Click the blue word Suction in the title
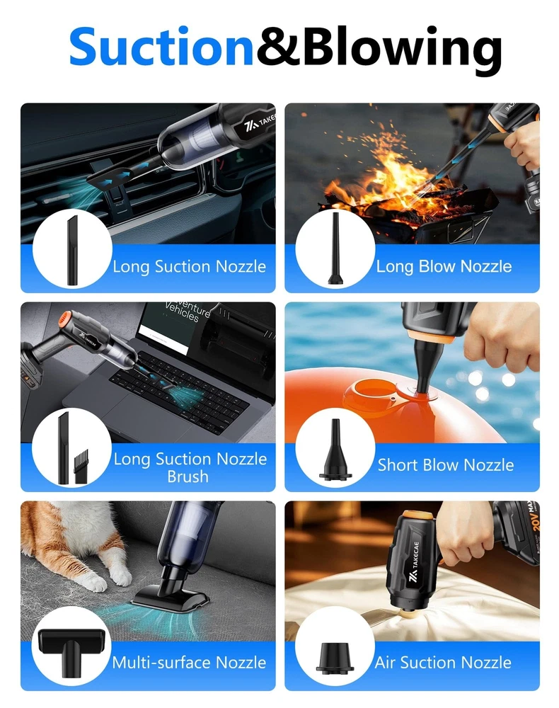[161, 47]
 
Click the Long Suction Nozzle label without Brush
[190, 266]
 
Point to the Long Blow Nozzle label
[444, 266]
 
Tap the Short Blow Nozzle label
[445, 464]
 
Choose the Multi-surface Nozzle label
[189, 663]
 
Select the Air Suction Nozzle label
[443, 663]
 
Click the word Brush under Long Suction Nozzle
[188, 476]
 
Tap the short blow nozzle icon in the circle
[335, 449]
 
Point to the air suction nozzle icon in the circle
[335, 658]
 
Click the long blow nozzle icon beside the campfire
[335, 248]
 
